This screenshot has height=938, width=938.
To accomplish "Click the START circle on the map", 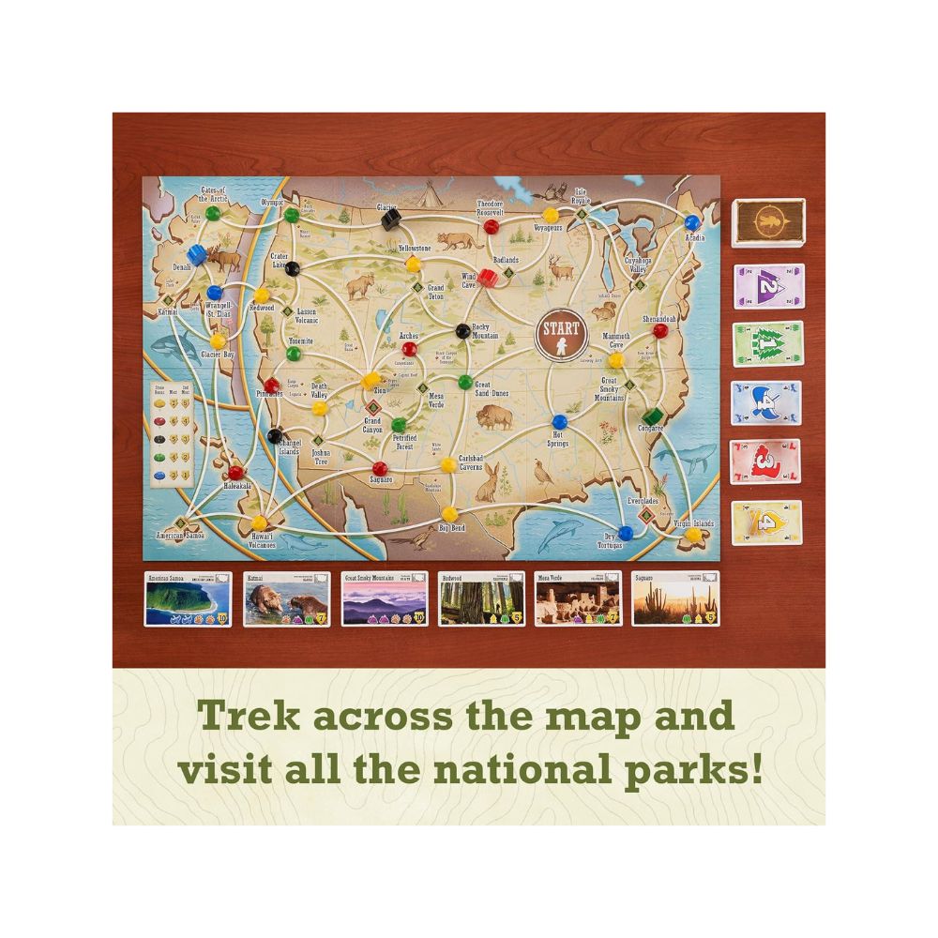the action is click(x=559, y=335).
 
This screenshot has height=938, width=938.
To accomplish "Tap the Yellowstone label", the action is click(x=414, y=249).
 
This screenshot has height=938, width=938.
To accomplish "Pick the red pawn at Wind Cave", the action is click(x=489, y=278).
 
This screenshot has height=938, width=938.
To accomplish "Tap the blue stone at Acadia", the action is click(x=692, y=222).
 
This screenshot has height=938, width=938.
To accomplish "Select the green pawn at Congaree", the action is click(x=648, y=414).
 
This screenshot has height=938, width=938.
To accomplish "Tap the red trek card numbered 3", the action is click(x=766, y=462).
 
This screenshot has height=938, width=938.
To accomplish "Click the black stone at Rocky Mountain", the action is click(x=461, y=329).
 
